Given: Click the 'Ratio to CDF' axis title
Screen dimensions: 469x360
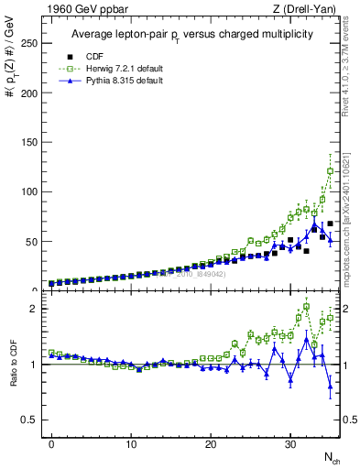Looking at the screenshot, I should coord(13,380).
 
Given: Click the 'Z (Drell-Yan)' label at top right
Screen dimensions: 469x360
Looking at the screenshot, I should coord(306,9).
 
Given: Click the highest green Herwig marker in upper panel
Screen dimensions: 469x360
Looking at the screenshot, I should coord(330,170).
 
